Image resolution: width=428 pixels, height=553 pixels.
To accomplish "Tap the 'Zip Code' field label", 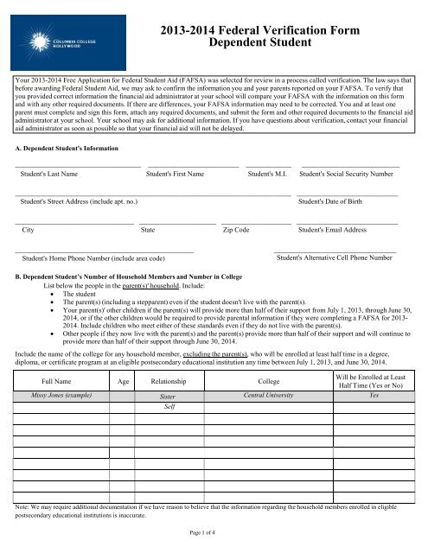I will pos(236,230).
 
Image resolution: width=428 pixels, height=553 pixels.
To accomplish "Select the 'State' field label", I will pos(148,230).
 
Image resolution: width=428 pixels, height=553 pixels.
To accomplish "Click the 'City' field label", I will pos(29,230).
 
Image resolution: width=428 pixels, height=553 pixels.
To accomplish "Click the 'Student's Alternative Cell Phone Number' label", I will pos(328,257).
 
